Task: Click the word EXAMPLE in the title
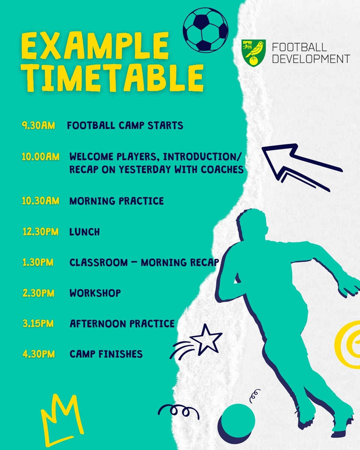(95, 46)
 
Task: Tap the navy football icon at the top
(205, 30)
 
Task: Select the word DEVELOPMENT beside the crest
(311, 59)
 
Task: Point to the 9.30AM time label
(38, 125)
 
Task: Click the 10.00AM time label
(40, 156)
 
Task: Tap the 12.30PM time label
(40, 232)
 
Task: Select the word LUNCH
(85, 232)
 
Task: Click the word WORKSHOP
(95, 293)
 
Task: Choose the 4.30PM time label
(38, 354)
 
